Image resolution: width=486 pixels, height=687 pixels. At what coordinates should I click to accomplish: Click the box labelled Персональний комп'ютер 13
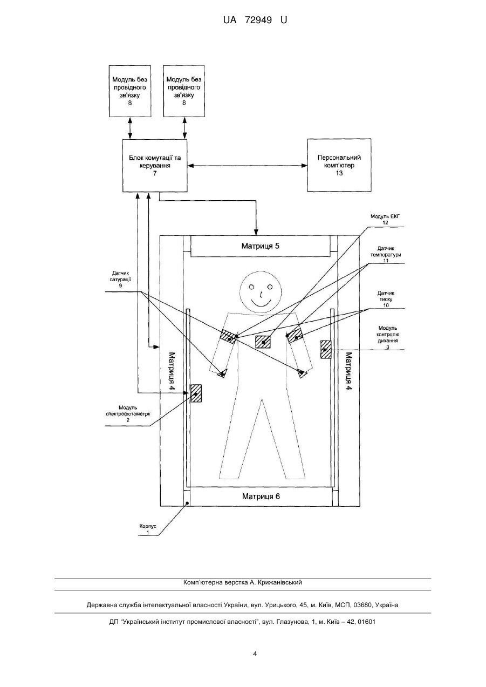coord(339,165)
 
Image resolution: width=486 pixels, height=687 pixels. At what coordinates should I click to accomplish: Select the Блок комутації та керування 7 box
coord(155,166)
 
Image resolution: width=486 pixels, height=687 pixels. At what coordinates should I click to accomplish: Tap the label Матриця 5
coord(261,246)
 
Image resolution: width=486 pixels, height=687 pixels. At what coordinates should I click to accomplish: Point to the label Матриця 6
coord(261,496)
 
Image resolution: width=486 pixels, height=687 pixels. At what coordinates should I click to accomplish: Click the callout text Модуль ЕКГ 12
coord(385,220)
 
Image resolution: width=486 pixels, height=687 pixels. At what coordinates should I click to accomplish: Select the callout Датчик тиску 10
coord(386,300)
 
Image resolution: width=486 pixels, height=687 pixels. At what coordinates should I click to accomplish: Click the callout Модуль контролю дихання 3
coord(388,337)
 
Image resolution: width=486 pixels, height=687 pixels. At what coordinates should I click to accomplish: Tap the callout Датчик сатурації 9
coord(120,280)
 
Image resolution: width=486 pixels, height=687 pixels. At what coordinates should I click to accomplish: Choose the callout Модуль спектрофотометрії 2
coord(128,414)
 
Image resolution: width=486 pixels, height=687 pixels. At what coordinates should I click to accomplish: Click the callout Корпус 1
coord(148,529)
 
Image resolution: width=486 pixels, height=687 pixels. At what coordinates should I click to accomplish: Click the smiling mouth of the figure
coord(261,303)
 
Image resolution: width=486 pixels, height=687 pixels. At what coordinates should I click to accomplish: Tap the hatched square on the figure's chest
coord(263,342)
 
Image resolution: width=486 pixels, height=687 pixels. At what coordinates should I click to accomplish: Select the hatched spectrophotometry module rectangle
coord(196,393)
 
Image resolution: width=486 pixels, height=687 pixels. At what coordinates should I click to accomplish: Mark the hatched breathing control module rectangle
coord(326,349)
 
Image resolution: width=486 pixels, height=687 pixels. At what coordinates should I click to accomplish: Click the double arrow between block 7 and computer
coord(248,166)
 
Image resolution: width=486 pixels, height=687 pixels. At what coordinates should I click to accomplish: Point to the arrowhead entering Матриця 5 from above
coord(256,232)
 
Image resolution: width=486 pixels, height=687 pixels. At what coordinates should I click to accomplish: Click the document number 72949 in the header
coord(258,21)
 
